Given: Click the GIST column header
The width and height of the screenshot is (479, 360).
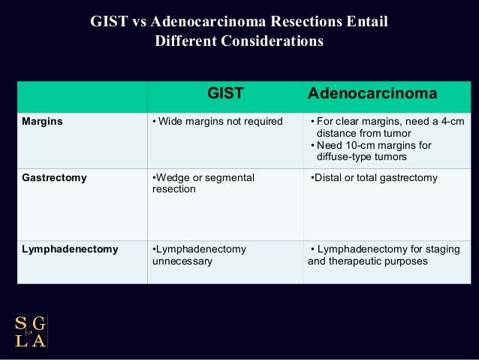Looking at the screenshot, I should pos(225,94).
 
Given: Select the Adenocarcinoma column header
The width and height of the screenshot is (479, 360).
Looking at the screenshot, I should pos(372,94).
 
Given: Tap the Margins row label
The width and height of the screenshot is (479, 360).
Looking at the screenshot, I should pos(43,122).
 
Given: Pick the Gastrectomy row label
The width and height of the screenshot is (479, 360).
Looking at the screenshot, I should pos(54,178).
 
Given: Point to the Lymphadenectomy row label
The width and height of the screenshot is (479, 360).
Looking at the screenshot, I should pos(70,249).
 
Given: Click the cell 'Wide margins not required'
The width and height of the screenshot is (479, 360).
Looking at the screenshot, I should pos(217,122).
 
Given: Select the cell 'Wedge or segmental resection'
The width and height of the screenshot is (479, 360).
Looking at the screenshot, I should pos(203,183).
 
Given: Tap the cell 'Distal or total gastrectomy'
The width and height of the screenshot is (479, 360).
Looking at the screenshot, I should pos(373,178).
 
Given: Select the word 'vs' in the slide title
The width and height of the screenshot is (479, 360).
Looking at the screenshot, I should pos(140,22).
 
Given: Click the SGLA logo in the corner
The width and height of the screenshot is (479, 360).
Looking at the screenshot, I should pos(30,331).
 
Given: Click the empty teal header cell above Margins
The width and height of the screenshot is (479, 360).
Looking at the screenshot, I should pos(82,95).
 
